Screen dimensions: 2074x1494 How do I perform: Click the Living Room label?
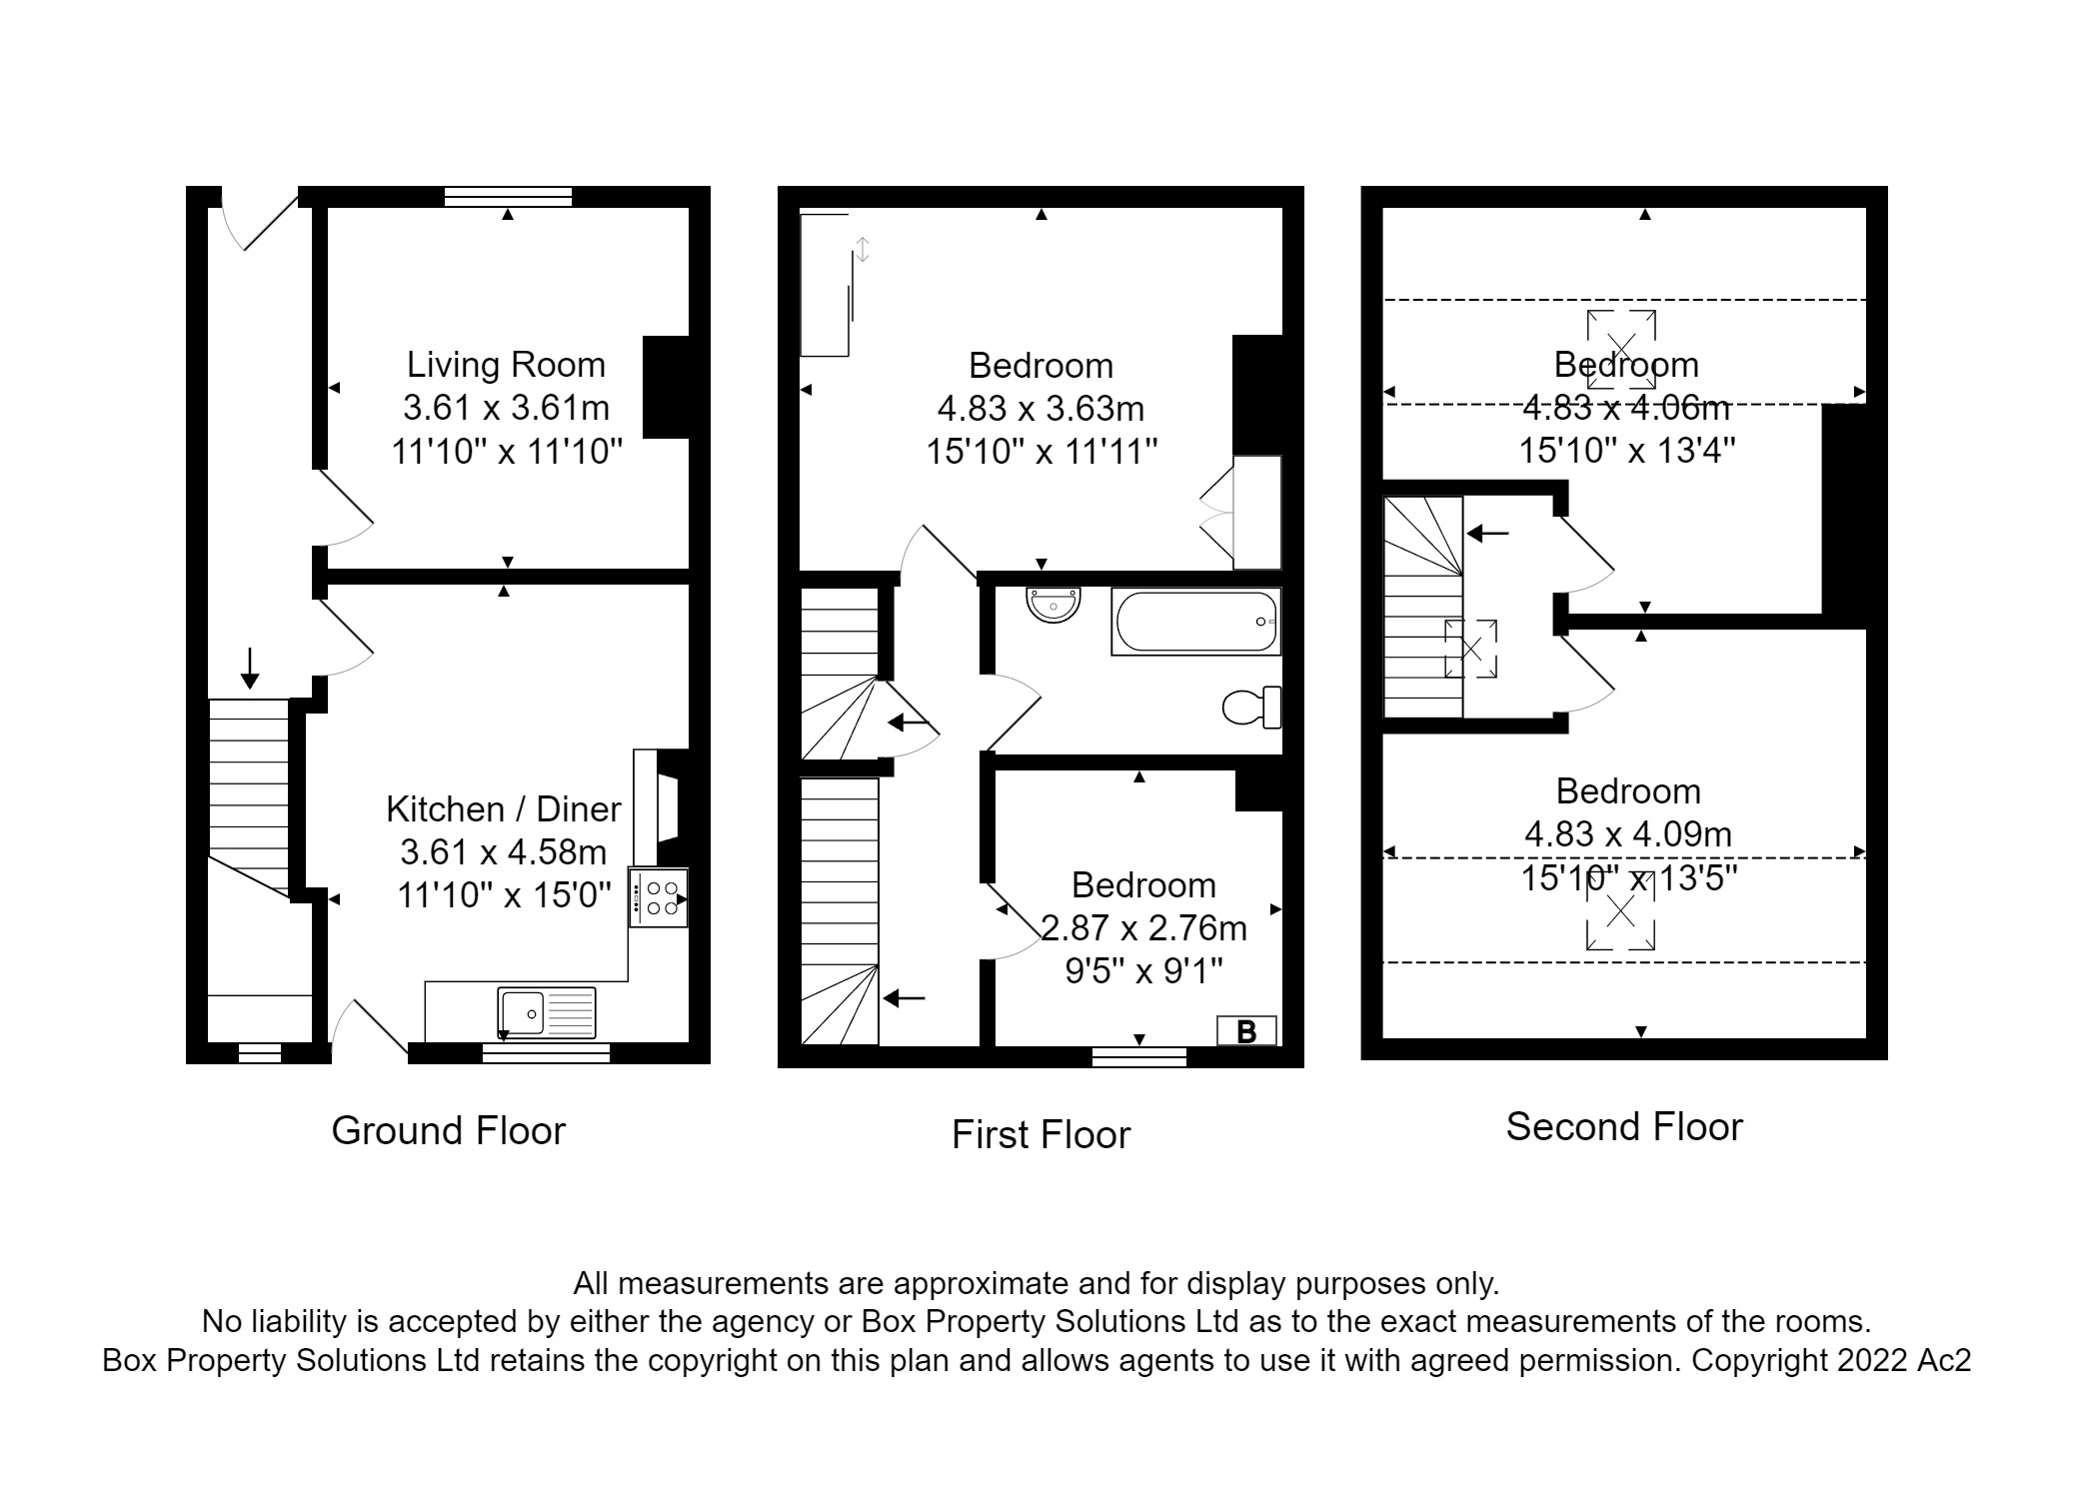click(506, 365)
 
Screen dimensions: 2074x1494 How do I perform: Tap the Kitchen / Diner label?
click(504, 808)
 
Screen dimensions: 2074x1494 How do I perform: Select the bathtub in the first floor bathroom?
click(1195, 621)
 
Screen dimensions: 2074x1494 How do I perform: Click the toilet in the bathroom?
click(1252, 708)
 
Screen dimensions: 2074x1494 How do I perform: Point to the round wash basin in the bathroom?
click(1052, 604)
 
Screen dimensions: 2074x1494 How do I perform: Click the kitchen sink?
click(546, 1011)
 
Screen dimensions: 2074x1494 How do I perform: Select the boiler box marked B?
click(1245, 1031)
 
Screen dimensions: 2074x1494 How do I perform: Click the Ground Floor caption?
click(448, 1130)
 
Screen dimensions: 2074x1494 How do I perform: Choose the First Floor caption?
click(1040, 1135)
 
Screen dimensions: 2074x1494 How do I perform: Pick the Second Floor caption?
click(1624, 1127)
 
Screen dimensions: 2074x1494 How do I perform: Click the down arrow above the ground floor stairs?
click(250, 668)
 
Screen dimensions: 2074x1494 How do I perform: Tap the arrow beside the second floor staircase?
click(1488, 534)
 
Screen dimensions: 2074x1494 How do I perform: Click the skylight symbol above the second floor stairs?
click(1471, 649)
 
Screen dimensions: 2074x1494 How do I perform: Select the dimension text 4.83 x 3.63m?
click(1040, 409)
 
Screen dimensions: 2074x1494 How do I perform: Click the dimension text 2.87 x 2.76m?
click(1143, 928)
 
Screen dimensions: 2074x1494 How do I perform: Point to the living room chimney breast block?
click(665, 387)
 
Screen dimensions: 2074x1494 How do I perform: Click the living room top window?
click(508, 196)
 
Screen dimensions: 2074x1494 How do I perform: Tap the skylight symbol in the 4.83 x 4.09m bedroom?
click(1620, 912)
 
